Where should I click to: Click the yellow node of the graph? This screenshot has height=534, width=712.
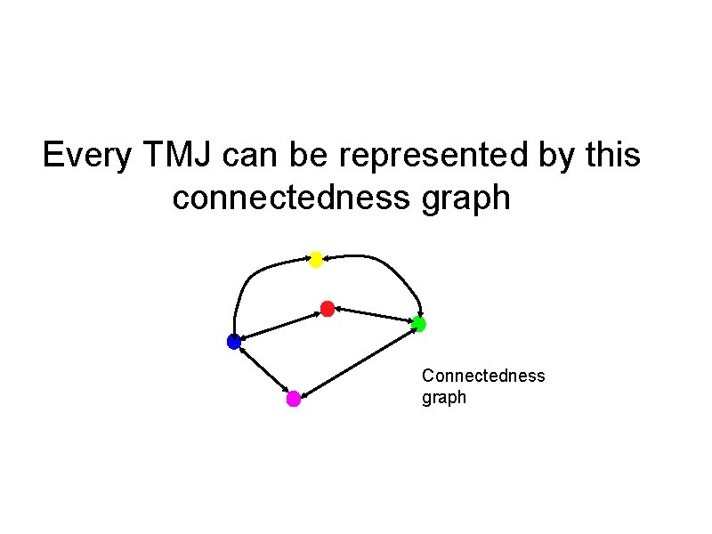pos(315,259)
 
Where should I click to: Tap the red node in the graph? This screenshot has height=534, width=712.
pos(327,309)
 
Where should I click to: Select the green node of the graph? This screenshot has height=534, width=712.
pos(418,324)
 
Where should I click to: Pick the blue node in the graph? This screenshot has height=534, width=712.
pos(234,341)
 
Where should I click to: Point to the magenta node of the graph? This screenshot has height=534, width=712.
pos(294,399)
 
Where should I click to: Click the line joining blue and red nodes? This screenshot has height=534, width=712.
pos(280,325)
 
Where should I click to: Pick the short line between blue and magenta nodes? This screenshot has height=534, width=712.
pos(263,370)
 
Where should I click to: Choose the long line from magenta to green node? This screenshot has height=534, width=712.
pos(356,361)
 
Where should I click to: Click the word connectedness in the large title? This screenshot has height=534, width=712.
pos(290,198)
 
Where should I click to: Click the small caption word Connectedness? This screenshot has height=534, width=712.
pos(483,376)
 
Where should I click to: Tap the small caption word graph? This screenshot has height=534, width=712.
pos(443,398)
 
